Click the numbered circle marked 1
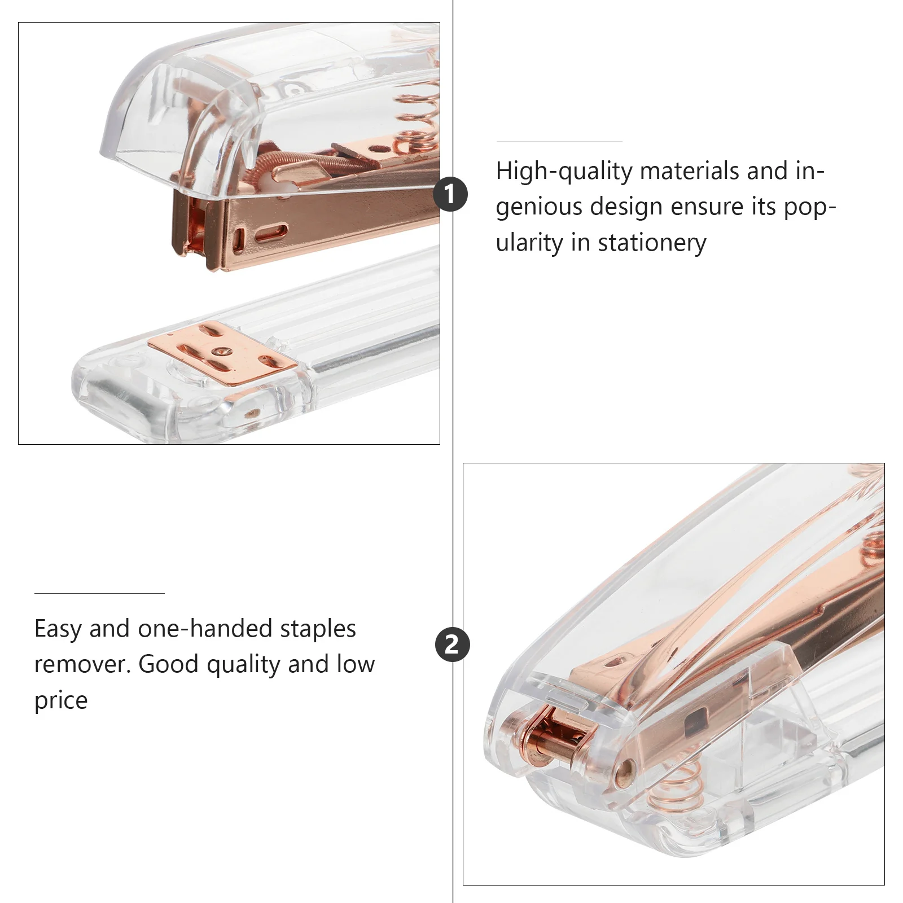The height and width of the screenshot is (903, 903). pyautogui.click(x=450, y=195)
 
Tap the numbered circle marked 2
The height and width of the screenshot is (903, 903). pyautogui.click(x=452, y=645)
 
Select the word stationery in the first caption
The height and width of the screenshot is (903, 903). pyautogui.click(x=652, y=243)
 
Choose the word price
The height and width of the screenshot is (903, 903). pyautogui.click(x=61, y=701)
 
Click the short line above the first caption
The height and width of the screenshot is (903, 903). pyautogui.click(x=559, y=142)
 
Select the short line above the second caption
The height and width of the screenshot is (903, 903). pyautogui.click(x=99, y=593)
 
